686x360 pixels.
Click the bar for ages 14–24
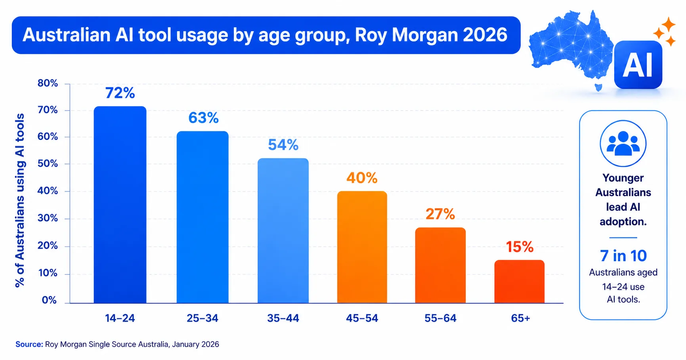(120, 205)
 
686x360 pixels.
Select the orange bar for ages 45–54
(362, 247)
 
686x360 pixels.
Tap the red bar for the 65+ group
(519, 282)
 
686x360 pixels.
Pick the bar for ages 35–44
(283, 231)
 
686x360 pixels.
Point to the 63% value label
(203, 118)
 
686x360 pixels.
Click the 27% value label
(440, 214)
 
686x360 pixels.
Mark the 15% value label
(520, 247)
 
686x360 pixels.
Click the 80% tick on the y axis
(48, 83)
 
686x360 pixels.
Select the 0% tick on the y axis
(50, 300)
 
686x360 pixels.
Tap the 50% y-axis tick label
(48, 164)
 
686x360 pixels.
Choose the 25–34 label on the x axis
(203, 318)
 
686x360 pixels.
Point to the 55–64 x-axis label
(440, 318)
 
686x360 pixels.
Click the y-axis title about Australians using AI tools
(20, 200)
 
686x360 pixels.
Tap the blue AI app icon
(638, 65)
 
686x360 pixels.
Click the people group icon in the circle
(623, 143)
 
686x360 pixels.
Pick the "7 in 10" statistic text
(623, 256)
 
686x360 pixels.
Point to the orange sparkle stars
(665, 32)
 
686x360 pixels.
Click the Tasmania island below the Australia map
(599, 87)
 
